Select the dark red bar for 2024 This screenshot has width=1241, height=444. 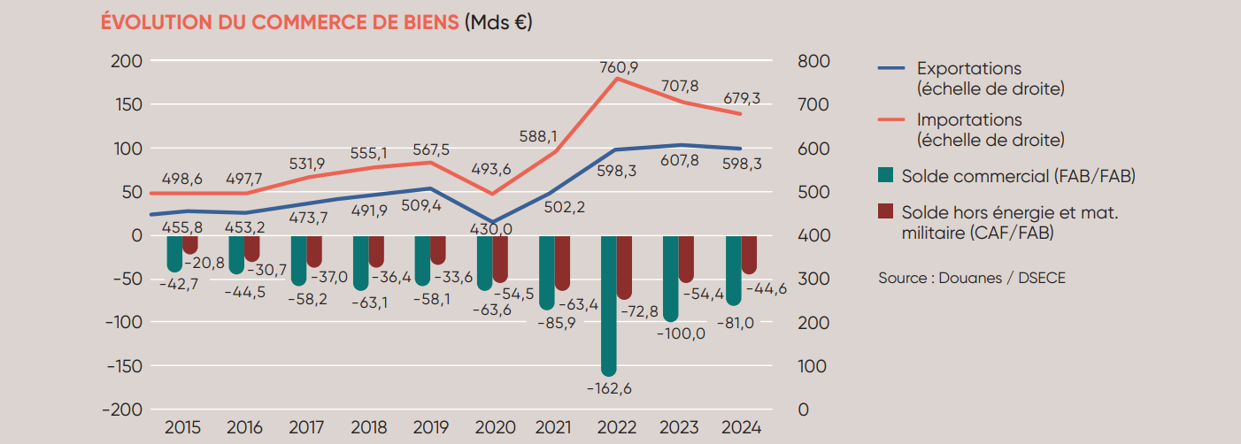(x=749, y=255)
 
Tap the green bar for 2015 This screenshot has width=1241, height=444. (x=174, y=253)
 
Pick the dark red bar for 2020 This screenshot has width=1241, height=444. (x=501, y=258)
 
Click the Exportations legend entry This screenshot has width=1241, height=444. (x=968, y=69)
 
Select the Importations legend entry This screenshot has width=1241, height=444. (x=968, y=119)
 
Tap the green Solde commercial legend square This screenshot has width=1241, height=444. (x=886, y=176)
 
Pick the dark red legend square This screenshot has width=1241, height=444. (x=886, y=213)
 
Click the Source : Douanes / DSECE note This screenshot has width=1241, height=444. (x=972, y=278)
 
